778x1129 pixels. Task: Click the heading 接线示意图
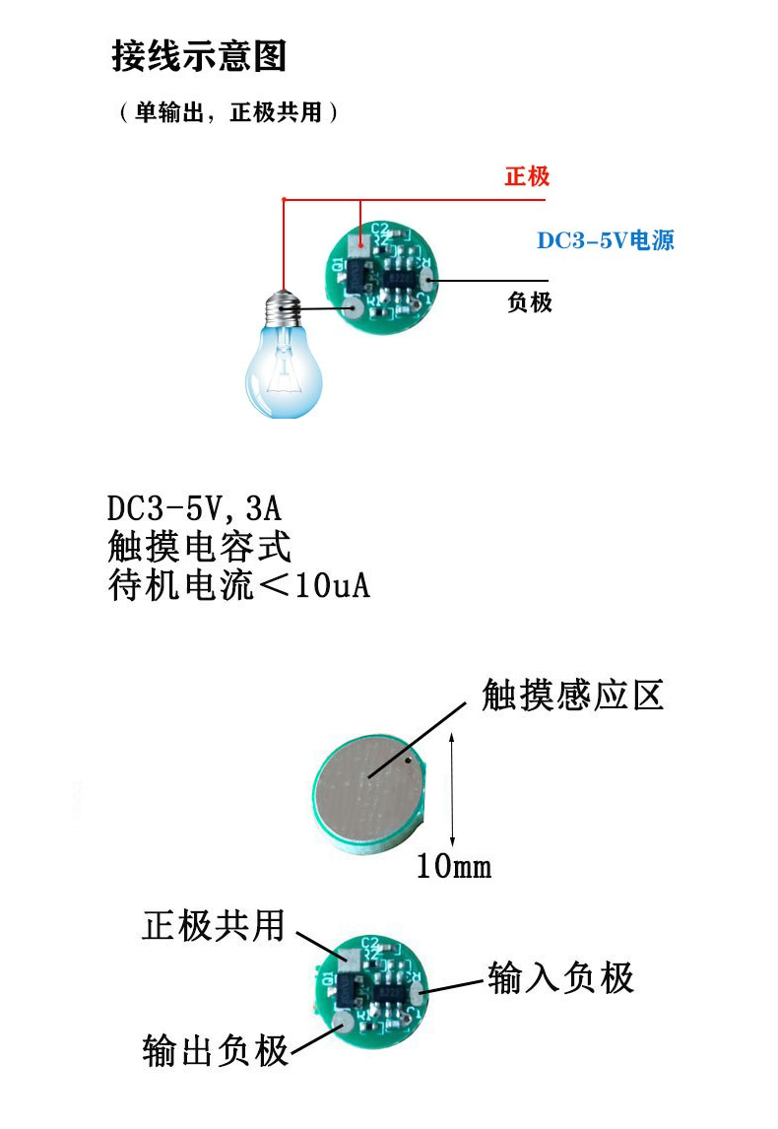coord(199,56)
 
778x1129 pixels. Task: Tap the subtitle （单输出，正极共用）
coord(228,112)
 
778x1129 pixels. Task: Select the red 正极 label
coord(527,177)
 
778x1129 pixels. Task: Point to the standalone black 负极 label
coord(530,302)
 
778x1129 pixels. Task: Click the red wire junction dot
coord(283,200)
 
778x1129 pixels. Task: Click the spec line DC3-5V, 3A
coord(195,509)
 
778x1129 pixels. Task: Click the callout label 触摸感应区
coord(572,696)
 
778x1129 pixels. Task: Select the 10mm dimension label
coord(453,867)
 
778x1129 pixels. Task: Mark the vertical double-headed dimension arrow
coord(451,788)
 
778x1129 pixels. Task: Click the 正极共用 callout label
coord(214,925)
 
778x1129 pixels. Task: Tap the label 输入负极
coord(560,977)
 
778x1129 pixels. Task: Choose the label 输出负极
coord(216,1050)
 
